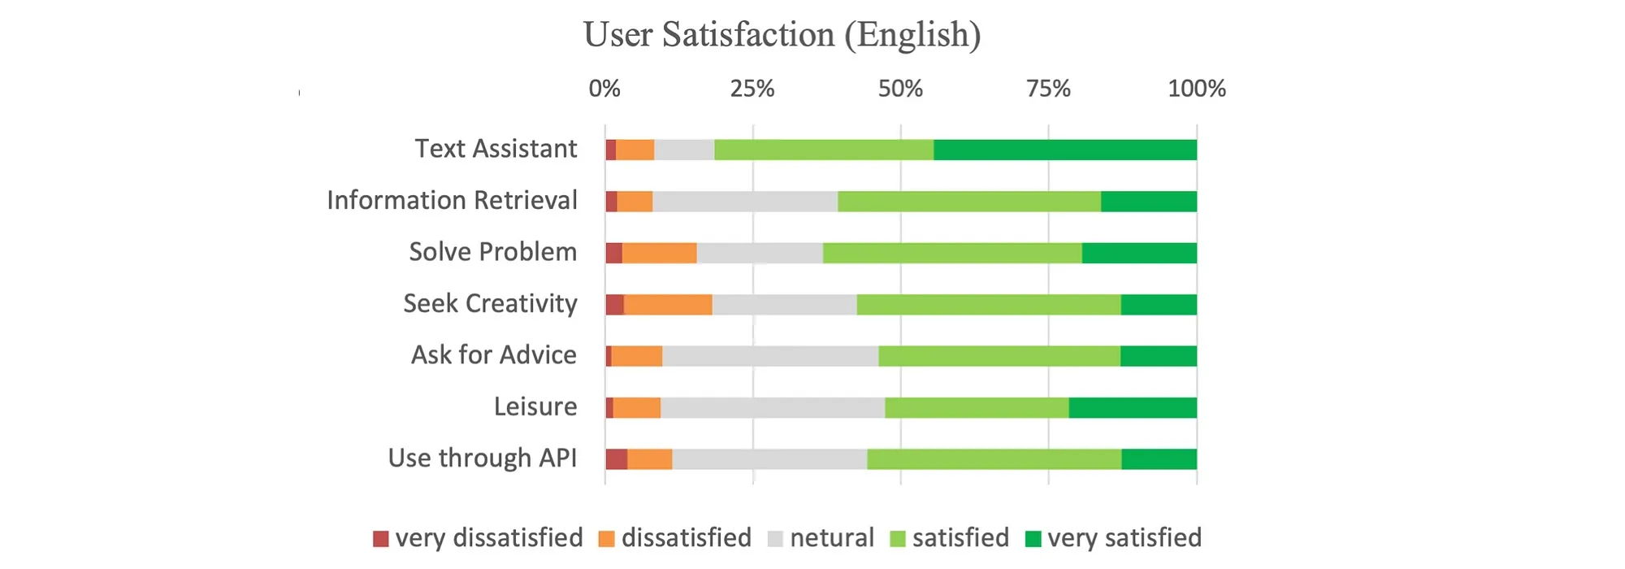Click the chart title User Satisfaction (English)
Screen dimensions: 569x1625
point(782,35)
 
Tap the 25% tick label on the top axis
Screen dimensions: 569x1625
point(752,89)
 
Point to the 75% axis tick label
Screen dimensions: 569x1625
point(1048,89)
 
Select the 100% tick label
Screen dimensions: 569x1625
point(1196,89)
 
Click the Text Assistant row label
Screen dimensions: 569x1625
point(496,149)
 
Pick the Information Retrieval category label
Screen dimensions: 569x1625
point(452,201)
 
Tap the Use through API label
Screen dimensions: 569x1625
point(482,458)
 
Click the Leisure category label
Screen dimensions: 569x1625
point(535,406)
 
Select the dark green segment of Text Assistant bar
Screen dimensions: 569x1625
point(1064,150)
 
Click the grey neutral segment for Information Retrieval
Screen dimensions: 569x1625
point(745,202)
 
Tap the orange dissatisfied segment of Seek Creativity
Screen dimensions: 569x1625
point(668,305)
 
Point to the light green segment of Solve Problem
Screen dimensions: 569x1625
point(952,253)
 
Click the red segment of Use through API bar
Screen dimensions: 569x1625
point(617,459)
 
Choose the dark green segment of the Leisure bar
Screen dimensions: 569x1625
point(1133,408)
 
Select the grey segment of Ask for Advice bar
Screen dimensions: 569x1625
point(770,356)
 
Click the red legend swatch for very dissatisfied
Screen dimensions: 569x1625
point(381,539)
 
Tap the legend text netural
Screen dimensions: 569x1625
point(832,538)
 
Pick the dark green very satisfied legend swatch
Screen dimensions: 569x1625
point(1033,539)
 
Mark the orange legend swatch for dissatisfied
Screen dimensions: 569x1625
point(606,539)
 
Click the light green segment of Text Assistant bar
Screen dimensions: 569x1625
point(824,150)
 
